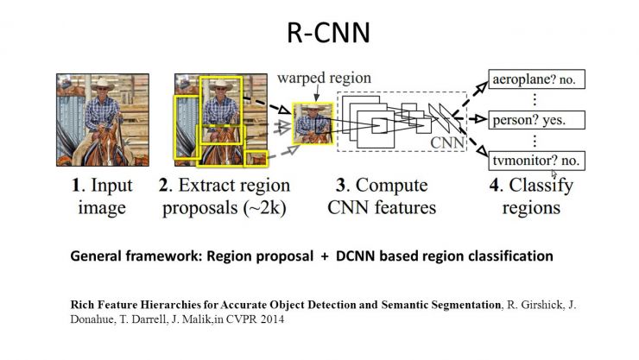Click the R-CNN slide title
tap(328, 33)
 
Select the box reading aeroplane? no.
tap(537, 79)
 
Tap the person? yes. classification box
tap(537, 120)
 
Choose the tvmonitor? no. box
tap(537, 161)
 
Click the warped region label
tap(324, 78)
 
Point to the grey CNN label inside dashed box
tap(447, 142)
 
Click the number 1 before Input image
tap(76, 186)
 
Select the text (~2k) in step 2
tap(265, 208)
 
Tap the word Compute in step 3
tap(391, 186)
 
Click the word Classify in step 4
tap(541, 186)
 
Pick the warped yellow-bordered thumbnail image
tap(313, 123)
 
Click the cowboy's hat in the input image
tap(102, 85)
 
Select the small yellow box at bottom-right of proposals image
tap(256, 158)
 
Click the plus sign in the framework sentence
tap(325, 256)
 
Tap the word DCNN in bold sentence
tap(355, 256)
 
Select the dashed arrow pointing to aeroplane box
tap(470, 99)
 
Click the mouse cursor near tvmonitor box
tap(554, 174)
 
